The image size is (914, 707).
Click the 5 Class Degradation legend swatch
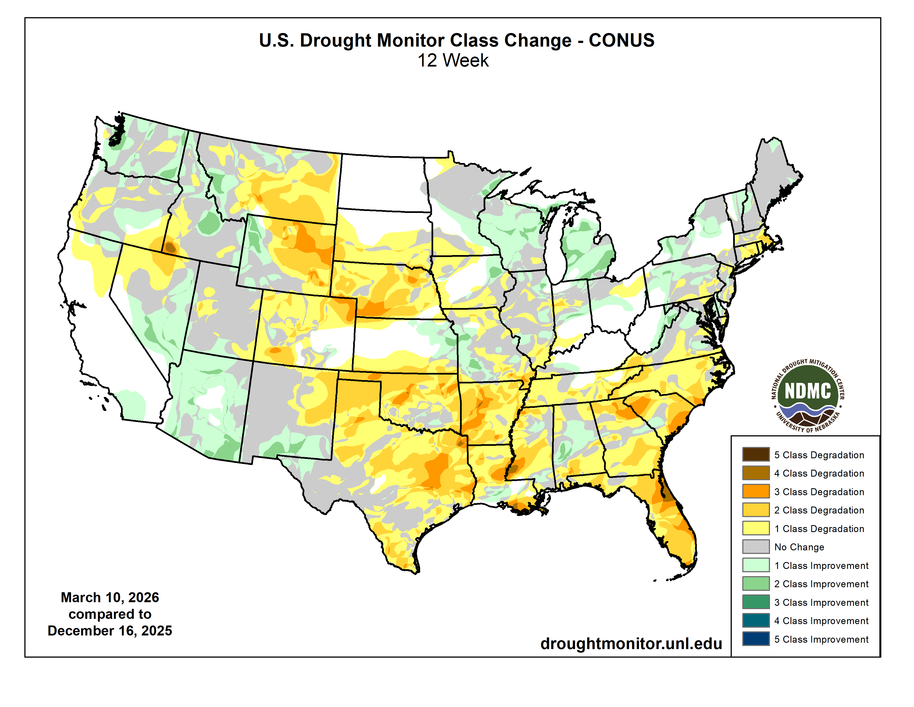756,454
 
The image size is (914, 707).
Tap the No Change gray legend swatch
756,546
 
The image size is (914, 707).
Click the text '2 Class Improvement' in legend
821,584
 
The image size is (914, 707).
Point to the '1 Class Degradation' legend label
819,528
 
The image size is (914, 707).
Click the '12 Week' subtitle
453,60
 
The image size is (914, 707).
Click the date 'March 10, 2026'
110,597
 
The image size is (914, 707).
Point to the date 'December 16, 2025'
110,631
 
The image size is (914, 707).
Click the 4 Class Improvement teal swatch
756,620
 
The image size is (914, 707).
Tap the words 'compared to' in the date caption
110,614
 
